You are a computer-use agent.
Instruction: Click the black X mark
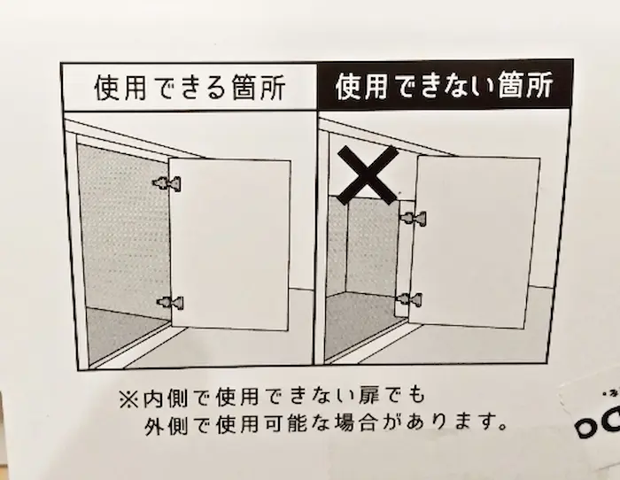point(368,174)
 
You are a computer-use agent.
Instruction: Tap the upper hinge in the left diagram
point(167,183)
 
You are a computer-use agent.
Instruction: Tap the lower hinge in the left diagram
point(170,303)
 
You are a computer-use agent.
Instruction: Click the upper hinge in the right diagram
point(413,218)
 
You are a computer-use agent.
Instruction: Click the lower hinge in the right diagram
point(409,299)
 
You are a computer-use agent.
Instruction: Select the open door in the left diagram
point(230,244)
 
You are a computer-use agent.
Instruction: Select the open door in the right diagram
point(475,242)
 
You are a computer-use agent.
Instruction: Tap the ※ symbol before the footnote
point(128,399)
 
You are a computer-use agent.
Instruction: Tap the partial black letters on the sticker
point(598,423)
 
